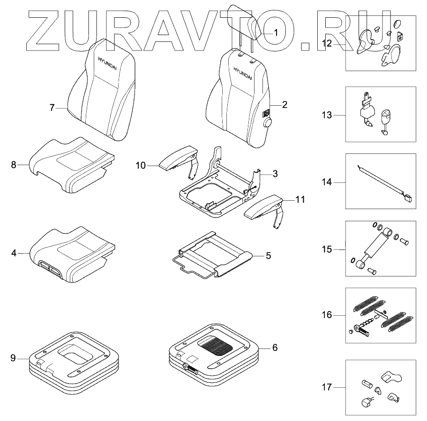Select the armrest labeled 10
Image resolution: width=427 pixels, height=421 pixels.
[x=178, y=159]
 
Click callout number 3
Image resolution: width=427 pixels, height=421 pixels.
[x=275, y=174]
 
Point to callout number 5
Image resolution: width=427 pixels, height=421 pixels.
[x=268, y=256]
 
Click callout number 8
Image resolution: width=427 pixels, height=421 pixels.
[x=14, y=164]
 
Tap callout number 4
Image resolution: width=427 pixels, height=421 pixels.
[x=14, y=253]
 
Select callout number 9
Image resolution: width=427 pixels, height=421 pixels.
[x=13, y=358]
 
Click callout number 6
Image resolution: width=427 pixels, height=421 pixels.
[x=275, y=348]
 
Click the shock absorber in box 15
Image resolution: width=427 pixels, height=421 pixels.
[x=377, y=247]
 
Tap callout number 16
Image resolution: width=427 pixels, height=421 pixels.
[x=327, y=315]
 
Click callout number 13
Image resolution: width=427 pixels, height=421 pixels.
[x=327, y=114]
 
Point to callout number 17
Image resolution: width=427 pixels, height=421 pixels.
[x=327, y=387]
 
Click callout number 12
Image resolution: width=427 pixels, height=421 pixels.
[x=327, y=44]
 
